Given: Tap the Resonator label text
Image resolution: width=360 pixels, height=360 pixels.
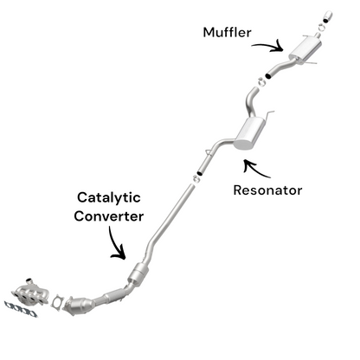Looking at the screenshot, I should [x=267, y=190].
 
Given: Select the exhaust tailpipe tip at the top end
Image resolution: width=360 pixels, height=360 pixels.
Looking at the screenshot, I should [x=329, y=14].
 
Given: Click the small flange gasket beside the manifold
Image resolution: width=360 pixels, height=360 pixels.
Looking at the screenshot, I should [x=59, y=303].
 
